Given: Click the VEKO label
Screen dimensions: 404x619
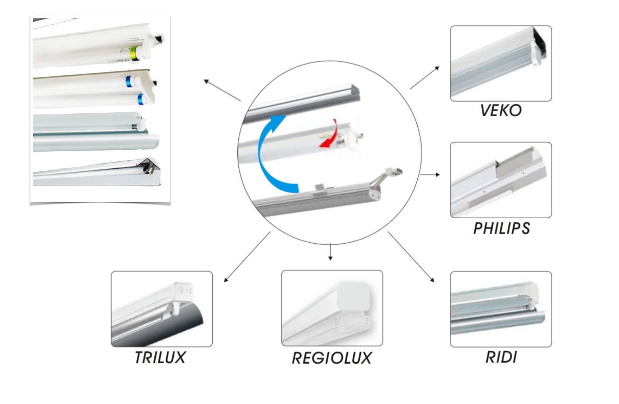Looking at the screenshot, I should [501, 110].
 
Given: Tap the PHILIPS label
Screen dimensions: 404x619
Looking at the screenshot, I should [501, 228].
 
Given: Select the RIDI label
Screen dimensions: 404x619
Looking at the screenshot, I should [501, 357].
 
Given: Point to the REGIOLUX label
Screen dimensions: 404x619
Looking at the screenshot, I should [331, 358].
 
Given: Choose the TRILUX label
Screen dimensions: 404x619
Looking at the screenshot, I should [160, 358].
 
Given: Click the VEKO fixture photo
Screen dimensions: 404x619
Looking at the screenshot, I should [501, 64].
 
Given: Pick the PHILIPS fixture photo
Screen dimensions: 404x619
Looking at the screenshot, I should [501, 180].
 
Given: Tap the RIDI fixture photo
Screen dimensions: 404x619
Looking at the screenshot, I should [501, 309].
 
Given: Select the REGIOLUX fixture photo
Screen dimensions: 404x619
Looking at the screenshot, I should [332, 308].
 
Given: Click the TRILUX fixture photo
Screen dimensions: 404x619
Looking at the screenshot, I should [161, 309].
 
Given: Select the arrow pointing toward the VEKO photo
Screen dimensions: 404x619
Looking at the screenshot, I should [424, 78].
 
